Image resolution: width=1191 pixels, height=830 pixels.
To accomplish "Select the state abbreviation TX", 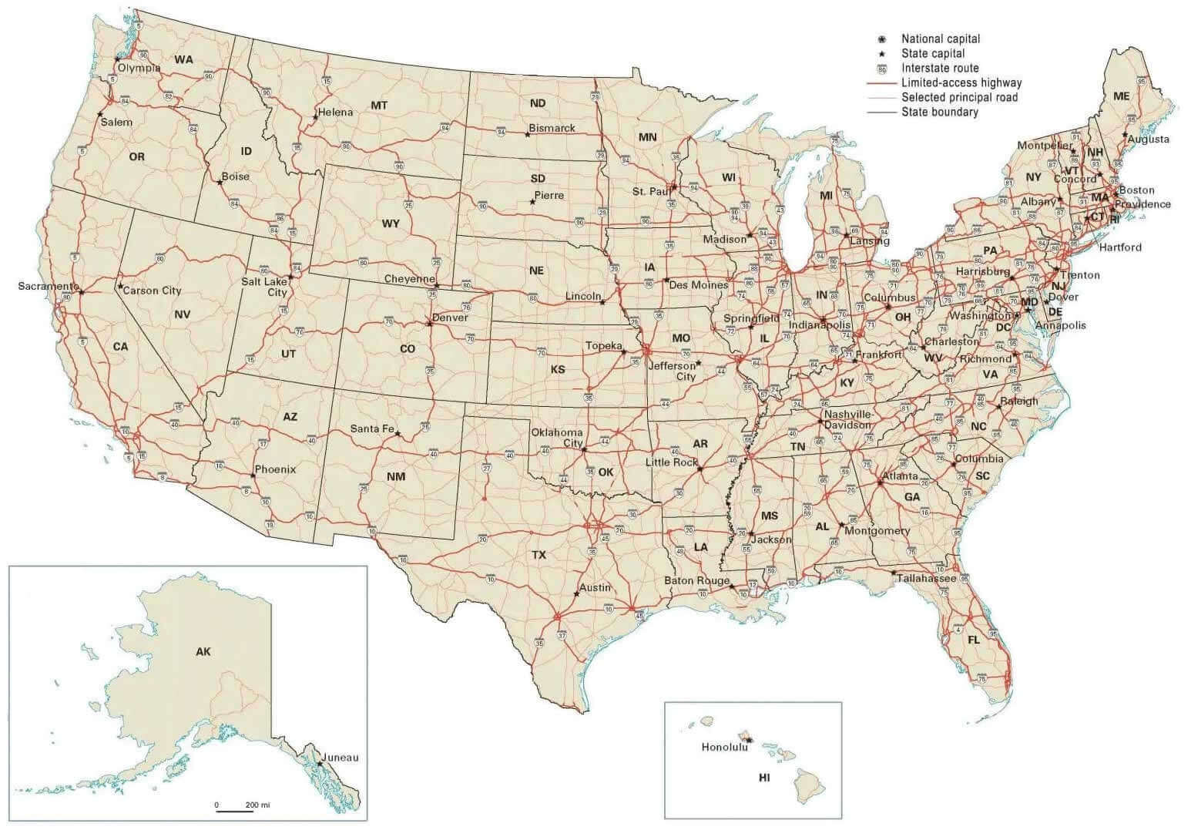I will tap(538, 555).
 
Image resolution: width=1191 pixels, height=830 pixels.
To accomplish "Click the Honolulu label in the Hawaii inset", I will tap(724, 747).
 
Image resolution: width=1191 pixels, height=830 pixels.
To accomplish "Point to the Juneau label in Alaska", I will tap(341, 758).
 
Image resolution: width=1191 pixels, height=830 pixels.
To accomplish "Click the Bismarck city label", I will tap(552, 128).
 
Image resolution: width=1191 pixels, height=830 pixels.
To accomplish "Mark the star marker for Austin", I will tap(576, 593).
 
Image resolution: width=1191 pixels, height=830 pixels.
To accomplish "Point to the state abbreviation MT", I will tap(379, 106).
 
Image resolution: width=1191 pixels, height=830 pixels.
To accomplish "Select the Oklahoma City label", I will tap(557, 438).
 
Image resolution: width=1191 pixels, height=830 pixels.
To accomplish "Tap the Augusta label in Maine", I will tap(1148, 139).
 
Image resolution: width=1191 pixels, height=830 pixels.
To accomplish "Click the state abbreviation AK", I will tap(203, 652).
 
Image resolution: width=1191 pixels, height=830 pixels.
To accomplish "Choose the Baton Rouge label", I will tap(696, 580).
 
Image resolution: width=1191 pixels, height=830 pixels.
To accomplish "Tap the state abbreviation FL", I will tap(974, 640).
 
